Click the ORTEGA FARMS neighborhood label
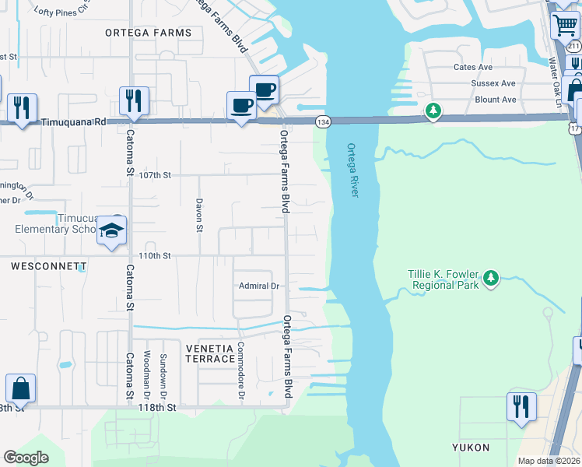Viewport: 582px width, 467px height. (x=149, y=33)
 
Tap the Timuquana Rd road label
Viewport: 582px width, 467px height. (x=73, y=122)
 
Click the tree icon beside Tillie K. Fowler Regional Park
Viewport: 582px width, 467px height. (x=490, y=278)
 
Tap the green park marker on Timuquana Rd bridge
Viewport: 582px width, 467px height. (x=433, y=112)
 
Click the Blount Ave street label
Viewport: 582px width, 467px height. (x=495, y=100)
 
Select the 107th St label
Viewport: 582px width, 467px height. (x=154, y=176)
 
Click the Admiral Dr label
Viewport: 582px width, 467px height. (x=258, y=286)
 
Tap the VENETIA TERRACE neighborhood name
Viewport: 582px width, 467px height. (x=210, y=353)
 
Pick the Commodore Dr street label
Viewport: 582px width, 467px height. (x=241, y=372)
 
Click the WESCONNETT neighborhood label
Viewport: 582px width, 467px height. (x=48, y=266)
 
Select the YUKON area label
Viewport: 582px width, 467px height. (x=472, y=448)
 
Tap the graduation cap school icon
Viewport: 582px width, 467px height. (x=112, y=231)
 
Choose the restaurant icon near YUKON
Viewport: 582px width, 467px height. (x=521, y=406)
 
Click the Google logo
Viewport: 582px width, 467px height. (x=26, y=458)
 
